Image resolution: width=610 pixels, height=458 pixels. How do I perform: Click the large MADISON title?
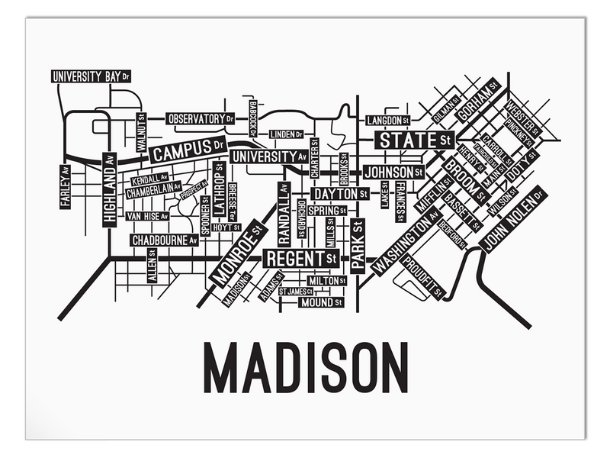click(x=306, y=368)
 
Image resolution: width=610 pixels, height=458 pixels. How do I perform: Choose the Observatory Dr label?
click(x=201, y=119)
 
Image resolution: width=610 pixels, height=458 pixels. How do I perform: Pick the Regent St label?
click(x=300, y=259)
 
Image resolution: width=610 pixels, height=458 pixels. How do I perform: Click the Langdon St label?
click(x=388, y=121)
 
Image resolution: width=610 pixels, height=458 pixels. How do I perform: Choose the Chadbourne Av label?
click(x=164, y=240)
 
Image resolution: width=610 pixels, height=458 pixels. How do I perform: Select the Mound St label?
click(x=319, y=302)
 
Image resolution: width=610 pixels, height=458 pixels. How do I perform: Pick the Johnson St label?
click(x=393, y=172)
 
